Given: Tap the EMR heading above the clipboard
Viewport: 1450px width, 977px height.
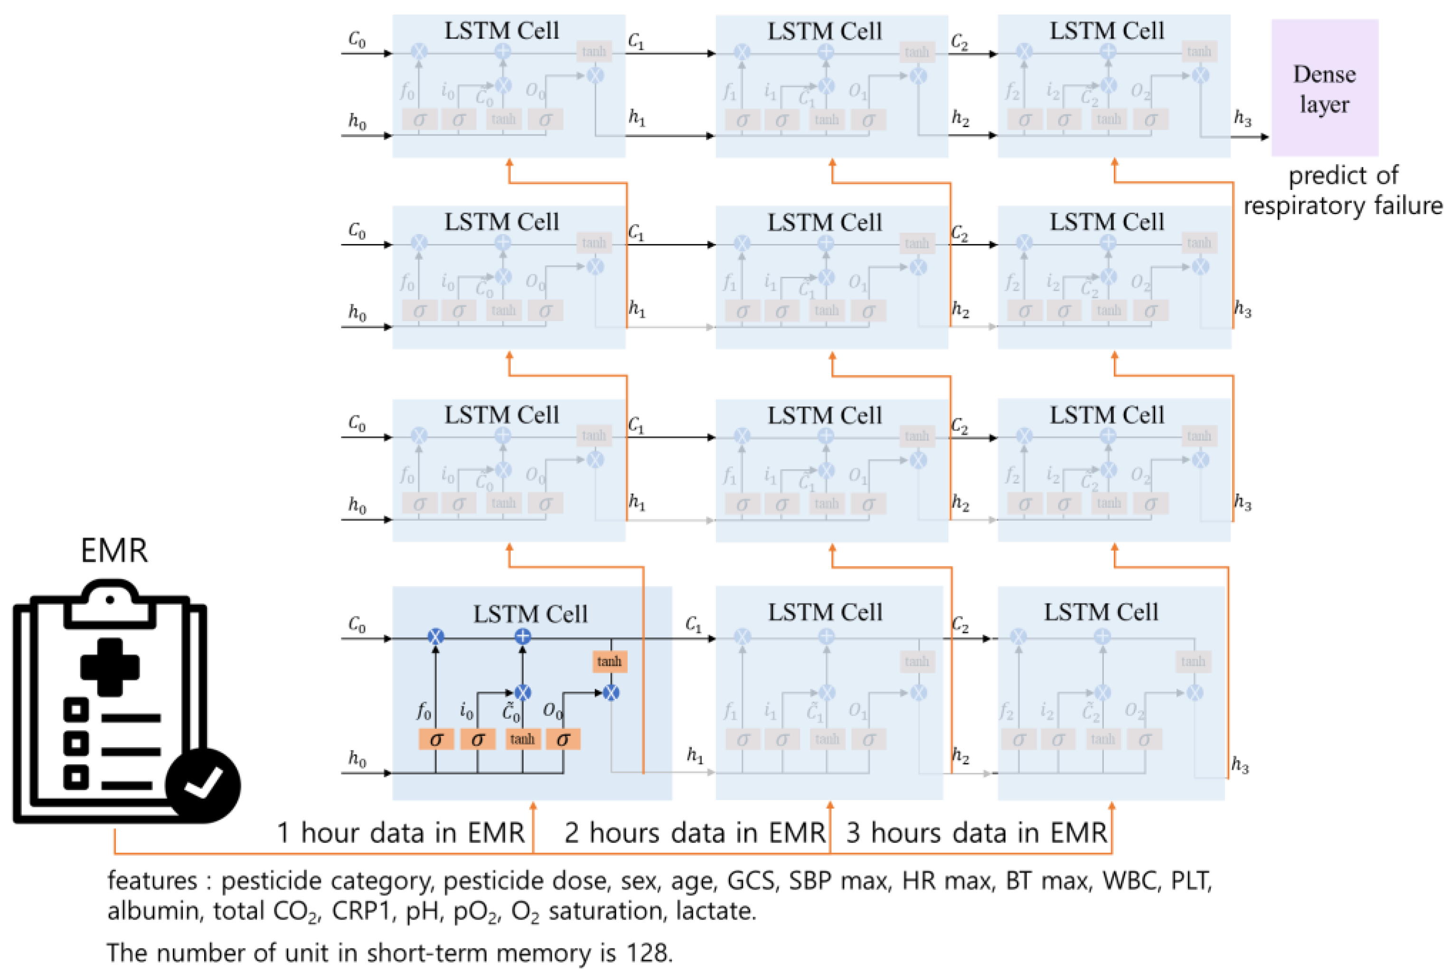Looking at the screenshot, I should coord(114,551).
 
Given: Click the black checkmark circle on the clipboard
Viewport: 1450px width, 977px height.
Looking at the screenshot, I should coord(203,784).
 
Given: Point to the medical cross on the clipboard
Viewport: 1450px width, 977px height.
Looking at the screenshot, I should coord(110,667).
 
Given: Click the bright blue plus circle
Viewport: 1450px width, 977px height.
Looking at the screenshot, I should coord(522,636).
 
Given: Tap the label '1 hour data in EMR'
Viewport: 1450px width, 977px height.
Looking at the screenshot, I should coord(401,833).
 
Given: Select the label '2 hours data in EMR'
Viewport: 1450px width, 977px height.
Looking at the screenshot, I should coord(694,833).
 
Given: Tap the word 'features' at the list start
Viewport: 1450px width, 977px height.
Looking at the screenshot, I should coord(151,881).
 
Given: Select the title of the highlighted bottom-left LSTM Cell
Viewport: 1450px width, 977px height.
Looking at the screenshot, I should coord(530,614).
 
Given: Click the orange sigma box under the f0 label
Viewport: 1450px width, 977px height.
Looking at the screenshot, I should coord(435,739).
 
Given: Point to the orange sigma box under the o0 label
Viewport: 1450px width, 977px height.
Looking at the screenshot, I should coord(563,739).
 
